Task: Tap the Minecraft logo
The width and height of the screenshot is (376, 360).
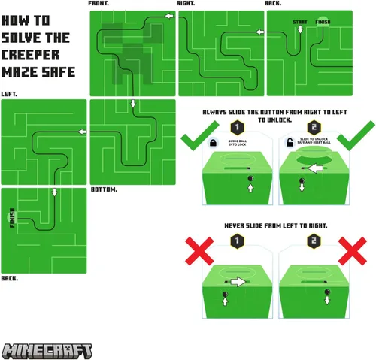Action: point(47,351)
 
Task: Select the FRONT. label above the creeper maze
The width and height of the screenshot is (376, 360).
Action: point(99,4)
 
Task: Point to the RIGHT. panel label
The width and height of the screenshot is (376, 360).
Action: point(186,4)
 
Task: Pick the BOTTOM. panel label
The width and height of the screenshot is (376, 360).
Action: point(104,189)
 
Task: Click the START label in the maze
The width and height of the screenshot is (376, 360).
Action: point(300,23)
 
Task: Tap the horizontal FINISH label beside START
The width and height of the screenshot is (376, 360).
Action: point(323,23)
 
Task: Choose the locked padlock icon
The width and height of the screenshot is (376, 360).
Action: point(213,141)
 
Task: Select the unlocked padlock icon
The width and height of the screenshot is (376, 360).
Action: point(288,141)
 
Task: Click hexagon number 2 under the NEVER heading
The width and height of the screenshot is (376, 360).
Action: point(313,241)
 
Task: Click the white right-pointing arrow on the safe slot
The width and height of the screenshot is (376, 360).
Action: point(238,282)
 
